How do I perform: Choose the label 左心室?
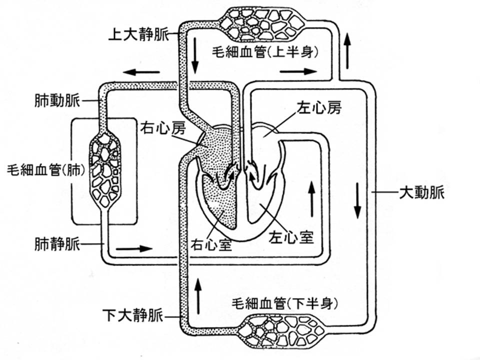pyautogui.click(x=291, y=235)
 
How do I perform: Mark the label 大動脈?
pyautogui.click(x=422, y=192)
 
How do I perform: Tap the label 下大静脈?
pyautogui.click(x=133, y=316)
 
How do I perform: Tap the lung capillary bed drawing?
pyautogui.click(x=105, y=169)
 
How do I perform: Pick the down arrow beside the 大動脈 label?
pyautogui.click(x=357, y=200)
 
